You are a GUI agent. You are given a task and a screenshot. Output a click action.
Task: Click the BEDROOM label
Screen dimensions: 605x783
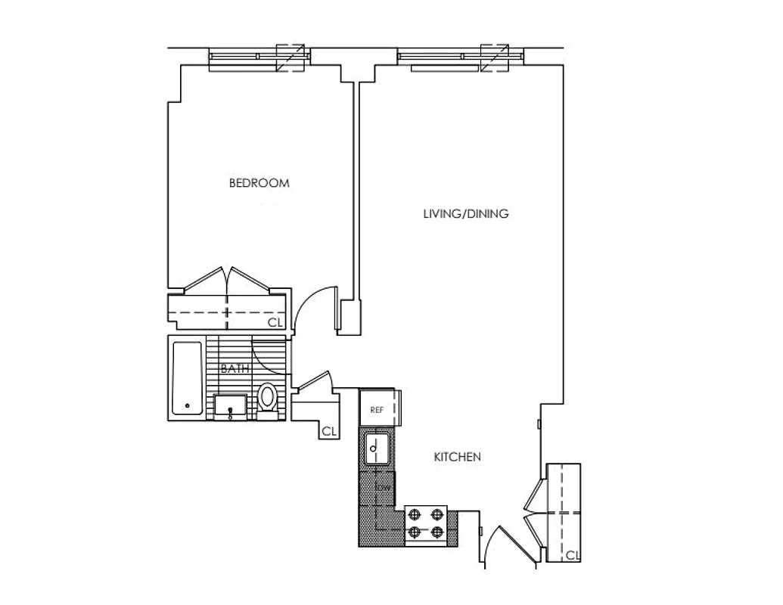click(259, 183)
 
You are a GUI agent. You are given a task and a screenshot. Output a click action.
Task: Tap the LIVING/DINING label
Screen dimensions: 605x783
click(465, 214)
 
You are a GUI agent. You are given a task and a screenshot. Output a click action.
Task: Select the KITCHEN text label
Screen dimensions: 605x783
click(457, 457)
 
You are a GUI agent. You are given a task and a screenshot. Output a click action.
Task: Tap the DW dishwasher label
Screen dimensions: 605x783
click(384, 488)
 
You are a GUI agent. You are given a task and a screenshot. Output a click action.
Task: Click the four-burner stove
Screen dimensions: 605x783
click(426, 523)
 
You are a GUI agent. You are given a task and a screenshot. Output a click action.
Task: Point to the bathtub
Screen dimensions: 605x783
click(187, 378)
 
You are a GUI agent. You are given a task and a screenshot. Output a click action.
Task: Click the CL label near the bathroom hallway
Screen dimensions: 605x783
click(328, 431)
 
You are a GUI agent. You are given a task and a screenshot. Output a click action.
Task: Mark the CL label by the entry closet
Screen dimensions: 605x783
click(573, 556)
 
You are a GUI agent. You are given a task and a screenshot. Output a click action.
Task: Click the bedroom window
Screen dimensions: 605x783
click(257, 57)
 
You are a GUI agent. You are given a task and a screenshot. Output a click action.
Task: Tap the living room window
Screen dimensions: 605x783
click(458, 57)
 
